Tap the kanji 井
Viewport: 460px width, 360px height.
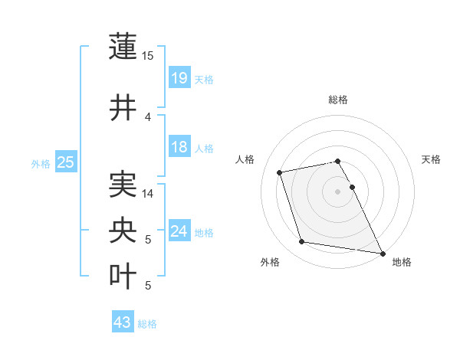[x=123, y=107]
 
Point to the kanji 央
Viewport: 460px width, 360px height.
[x=123, y=231]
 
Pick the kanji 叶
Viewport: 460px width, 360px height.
[x=123, y=277]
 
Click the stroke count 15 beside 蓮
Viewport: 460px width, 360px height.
[x=148, y=56]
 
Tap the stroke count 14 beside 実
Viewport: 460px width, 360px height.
[x=148, y=194]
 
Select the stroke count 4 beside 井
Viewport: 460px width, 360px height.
[x=148, y=116]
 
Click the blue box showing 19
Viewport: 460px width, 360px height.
[x=179, y=77]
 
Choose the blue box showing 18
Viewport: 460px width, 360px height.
[x=179, y=147]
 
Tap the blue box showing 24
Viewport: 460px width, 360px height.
[x=179, y=231]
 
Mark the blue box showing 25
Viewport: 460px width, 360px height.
[x=65, y=162]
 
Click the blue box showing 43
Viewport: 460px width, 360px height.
[x=122, y=322]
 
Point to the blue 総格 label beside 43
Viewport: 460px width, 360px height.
[x=147, y=324]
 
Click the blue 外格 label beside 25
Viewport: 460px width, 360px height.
[x=40, y=163]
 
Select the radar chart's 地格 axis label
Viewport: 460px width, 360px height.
[x=402, y=262]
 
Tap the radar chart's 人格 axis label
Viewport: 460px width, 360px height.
[x=245, y=159]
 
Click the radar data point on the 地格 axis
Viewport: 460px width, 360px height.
[x=382, y=253]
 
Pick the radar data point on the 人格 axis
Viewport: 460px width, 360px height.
[x=280, y=172]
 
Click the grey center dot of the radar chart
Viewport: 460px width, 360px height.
[x=337, y=191]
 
